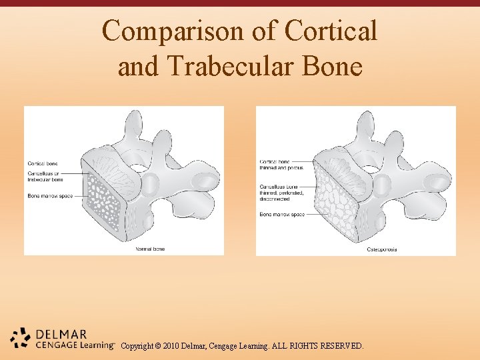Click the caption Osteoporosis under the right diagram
coord(382,249)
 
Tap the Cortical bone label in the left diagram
coord(42,163)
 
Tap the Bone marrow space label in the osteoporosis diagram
coord(282,215)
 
